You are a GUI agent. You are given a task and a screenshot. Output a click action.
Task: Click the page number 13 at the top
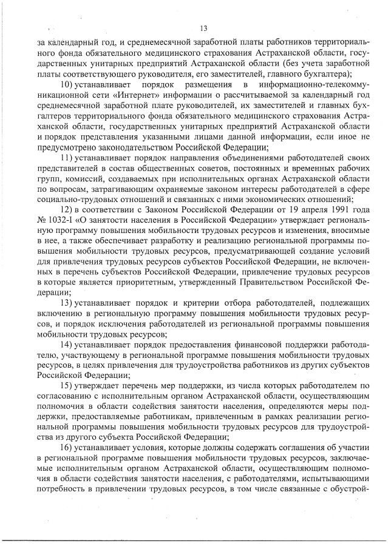[x=203, y=28]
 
